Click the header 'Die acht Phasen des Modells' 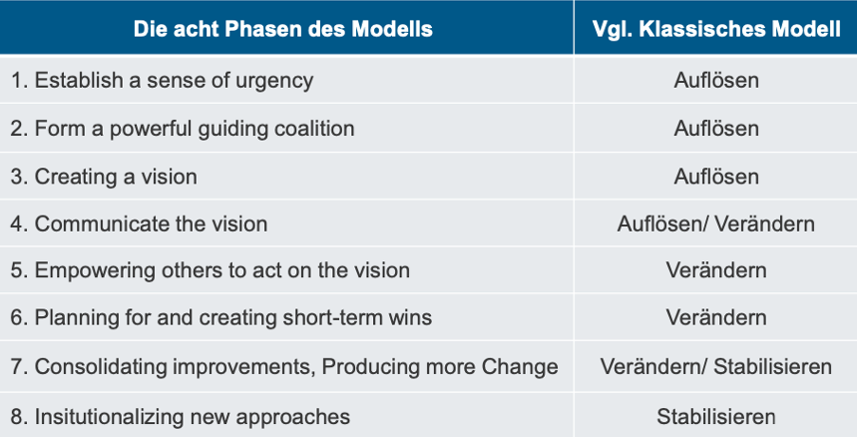(x=283, y=29)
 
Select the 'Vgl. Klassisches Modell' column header (x=716, y=29)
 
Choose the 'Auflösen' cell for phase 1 (x=716, y=80)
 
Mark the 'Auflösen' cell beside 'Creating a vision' (x=716, y=177)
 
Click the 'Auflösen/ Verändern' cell (x=716, y=223)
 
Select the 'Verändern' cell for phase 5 (x=716, y=270)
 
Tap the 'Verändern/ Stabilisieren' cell (x=716, y=366)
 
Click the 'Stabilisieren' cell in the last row (x=716, y=417)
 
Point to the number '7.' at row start (x=19, y=366)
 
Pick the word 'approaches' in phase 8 (x=292, y=418)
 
